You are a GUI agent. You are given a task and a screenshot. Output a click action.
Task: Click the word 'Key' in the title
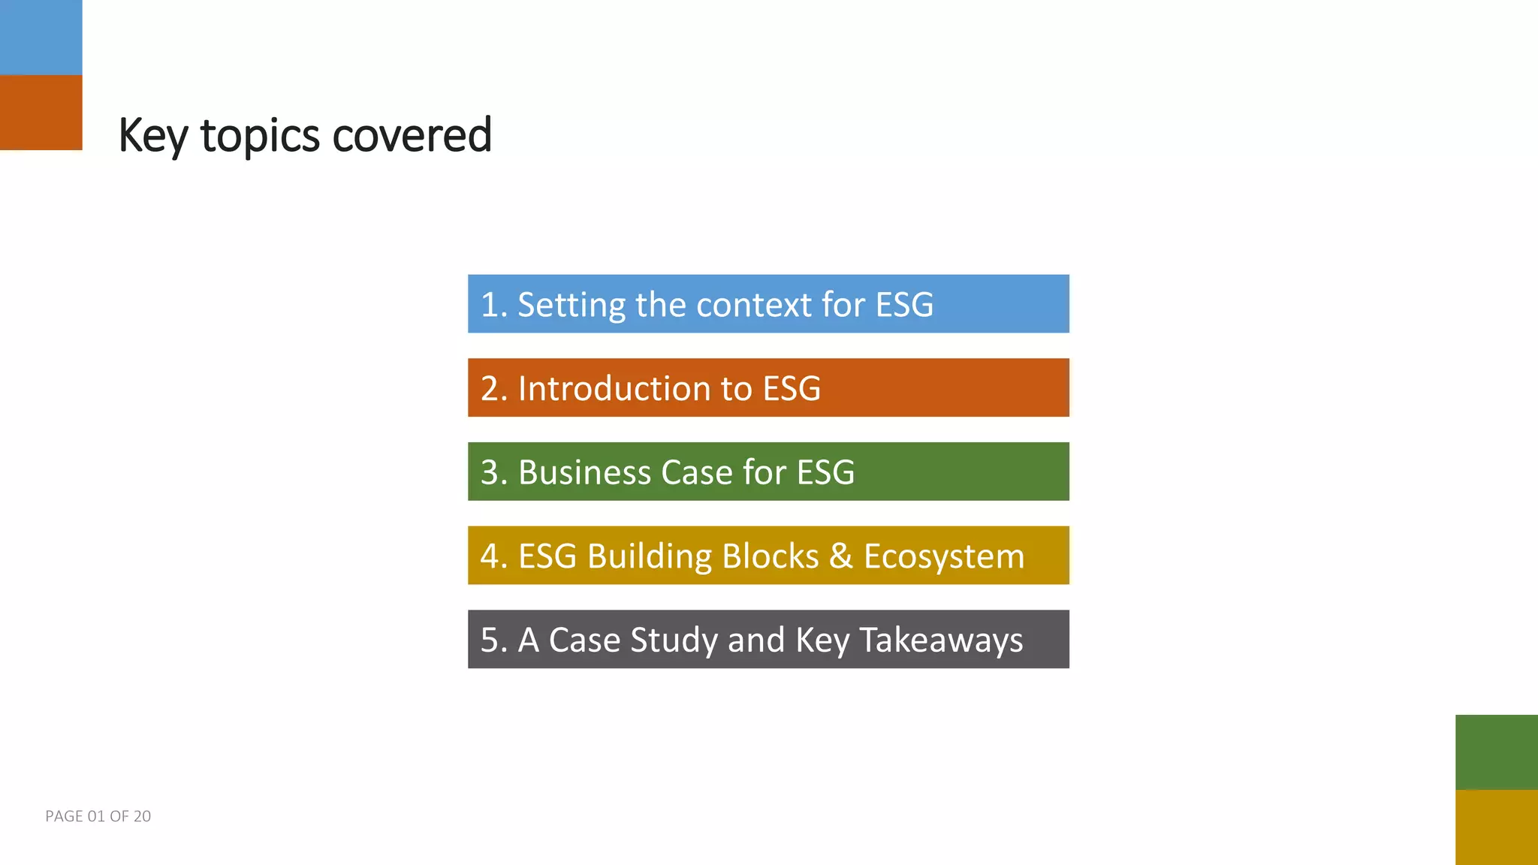tap(152, 137)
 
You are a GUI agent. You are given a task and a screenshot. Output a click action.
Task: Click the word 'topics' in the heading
tap(260, 137)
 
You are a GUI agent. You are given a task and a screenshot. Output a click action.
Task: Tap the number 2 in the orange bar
tap(490, 389)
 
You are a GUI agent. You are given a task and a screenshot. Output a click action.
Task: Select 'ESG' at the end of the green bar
tap(825, 472)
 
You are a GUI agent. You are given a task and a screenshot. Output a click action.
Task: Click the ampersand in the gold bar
tap(840, 556)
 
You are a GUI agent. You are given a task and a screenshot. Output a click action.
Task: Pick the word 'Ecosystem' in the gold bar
tap(943, 556)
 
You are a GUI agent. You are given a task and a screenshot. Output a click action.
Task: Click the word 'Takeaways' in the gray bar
tap(940, 640)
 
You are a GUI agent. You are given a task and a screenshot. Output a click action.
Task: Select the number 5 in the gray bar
tap(490, 640)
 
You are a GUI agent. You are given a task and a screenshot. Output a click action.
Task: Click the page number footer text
tap(98, 816)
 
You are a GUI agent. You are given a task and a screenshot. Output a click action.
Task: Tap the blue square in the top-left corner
tap(41, 37)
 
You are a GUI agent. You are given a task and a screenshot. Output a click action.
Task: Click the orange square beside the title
tap(41, 113)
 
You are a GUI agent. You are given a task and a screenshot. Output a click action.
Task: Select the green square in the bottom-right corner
tap(1496, 752)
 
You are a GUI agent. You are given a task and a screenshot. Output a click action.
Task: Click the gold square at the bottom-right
tap(1496, 827)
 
